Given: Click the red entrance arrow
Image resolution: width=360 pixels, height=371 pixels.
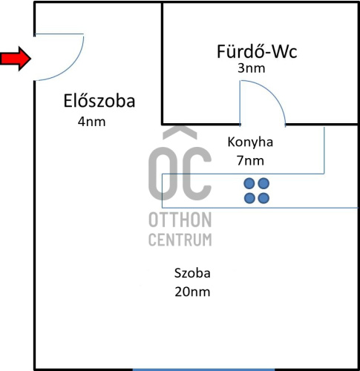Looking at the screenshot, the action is pyautogui.click(x=16, y=59).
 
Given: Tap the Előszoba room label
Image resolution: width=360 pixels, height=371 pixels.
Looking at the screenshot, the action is pyautogui.click(x=99, y=101).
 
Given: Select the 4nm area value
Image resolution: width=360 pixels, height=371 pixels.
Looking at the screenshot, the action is pyautogui.click(x=92, y=122).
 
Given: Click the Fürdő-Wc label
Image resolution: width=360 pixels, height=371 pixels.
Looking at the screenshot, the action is pyautogui.click(x=257, y=51).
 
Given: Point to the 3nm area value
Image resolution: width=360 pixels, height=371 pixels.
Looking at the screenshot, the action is pyautogui.click(x=252, y=68).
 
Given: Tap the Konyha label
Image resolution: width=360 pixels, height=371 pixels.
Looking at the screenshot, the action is pyautogui.click(x=250, y=142).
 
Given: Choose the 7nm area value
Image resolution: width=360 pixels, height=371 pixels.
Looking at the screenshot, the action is pyautogui.click(x=250, y=161).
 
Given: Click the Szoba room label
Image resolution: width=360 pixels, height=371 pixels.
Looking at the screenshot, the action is pyautogui.click(x=192, y=273).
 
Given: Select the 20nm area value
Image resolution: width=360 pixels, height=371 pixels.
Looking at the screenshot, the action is pyautogui.click(x=192, y=292).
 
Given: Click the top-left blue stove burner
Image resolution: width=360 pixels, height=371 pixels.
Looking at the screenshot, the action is pyautogui.click(x=249, y=183).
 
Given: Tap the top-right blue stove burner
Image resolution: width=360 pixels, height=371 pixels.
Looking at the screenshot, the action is pyautogui.click(x=264, y=183).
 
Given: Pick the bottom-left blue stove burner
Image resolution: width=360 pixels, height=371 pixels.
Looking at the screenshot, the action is pyautogui.click(x=249, y=198).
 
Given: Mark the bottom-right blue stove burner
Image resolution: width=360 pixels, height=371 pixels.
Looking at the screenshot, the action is pyautogui.click(x=264, y=198).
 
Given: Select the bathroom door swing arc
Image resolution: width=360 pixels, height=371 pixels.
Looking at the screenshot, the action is pyautogui.click(x=272, y=93).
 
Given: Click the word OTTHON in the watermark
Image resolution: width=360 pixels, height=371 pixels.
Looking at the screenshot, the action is pyautogui.click(x=180, y=220).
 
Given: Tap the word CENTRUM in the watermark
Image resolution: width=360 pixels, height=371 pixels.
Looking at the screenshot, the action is pyautogui.click(x=180, y=240).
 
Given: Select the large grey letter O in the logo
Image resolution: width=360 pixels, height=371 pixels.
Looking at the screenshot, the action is pyautogui.click(x=150, y=173).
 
